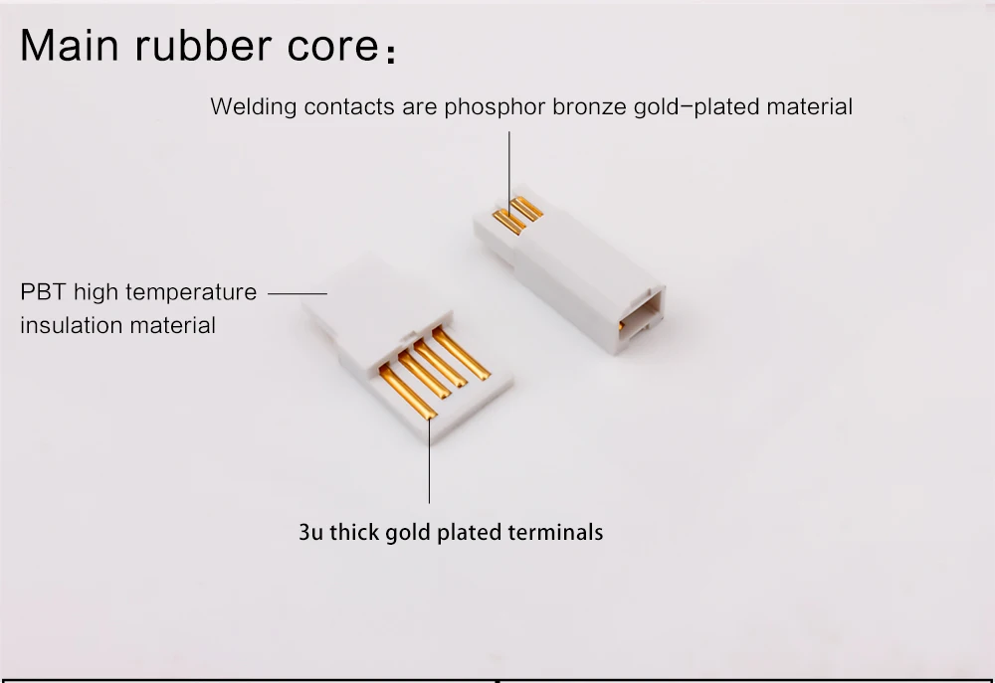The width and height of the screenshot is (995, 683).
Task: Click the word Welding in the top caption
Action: (x=246, y=107)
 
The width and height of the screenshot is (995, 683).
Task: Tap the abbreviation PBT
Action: (x=42, y=293)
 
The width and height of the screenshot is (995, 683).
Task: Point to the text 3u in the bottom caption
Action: (x=310, y=532)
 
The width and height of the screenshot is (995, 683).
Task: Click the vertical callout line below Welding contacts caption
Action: (x=509, y=169)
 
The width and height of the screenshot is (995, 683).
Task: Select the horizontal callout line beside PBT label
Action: (x=298, y=294)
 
